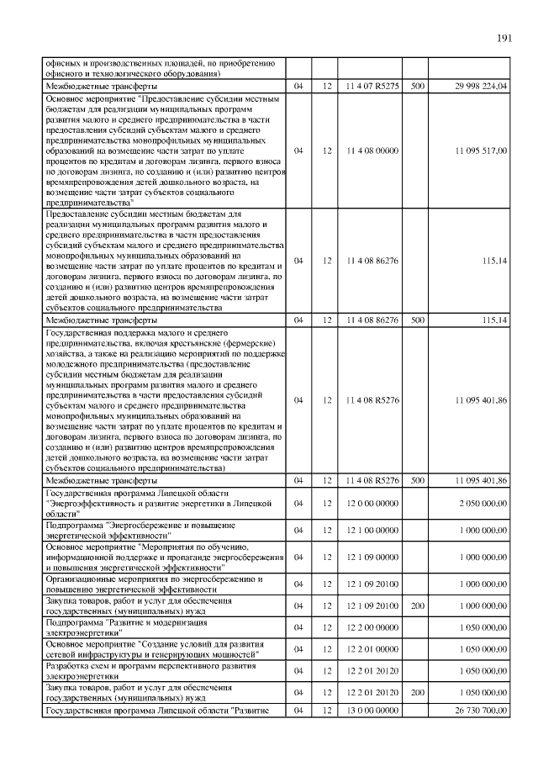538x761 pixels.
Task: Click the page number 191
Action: click(x=504, y=38)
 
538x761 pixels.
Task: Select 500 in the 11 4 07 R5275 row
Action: click(x=417, y=86)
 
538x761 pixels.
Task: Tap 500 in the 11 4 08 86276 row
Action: click(x=417, y=320)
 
